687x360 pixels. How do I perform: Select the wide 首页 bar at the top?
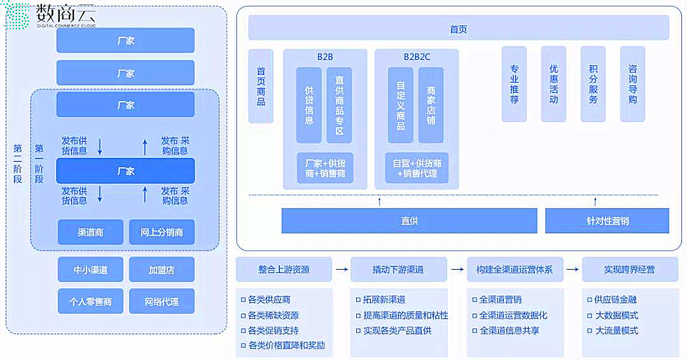click(458, 29)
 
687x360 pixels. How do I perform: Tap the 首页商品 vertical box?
click(261, 87)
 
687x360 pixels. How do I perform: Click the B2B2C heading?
click(417, 57)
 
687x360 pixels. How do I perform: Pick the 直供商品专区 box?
click(339, 106)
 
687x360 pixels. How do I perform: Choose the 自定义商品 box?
click(400, 106)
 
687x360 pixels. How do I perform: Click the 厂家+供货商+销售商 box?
click(325, 168)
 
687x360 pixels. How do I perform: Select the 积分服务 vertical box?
click(593, 84)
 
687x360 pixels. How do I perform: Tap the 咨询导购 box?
click(632, 84)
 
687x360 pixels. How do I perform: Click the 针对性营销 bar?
click(607, 221)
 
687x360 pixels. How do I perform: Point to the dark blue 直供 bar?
click(409, 221)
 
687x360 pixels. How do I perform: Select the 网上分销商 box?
click(162, 232)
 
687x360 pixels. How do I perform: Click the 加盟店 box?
click(162, 270)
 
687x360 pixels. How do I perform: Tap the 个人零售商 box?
click(90, 301)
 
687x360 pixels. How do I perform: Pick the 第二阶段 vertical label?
click(17, 163)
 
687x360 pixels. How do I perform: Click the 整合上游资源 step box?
click(284, 270)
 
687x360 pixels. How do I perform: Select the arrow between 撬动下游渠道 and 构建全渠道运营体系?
click(457, 270)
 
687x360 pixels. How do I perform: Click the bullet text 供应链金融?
click(615, 300)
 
